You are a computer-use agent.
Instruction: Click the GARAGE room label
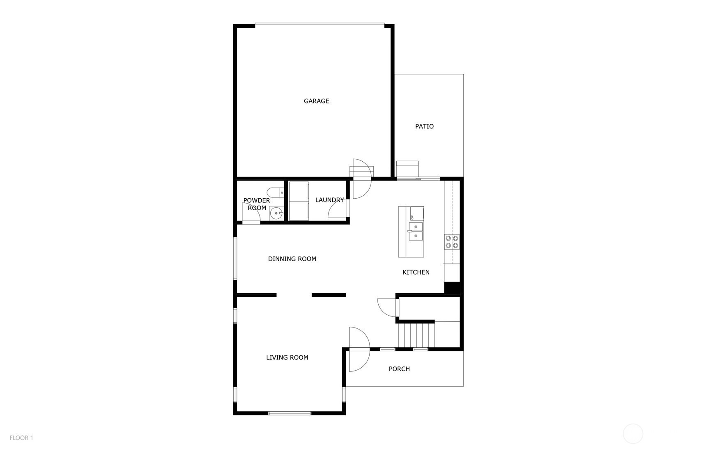316,101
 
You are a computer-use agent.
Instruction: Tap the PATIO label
424,126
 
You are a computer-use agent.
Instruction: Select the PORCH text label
399,369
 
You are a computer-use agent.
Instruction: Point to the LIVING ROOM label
287,357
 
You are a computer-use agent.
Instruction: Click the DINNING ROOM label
292,259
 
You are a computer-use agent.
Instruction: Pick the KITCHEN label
416,272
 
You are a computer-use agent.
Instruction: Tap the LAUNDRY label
329,200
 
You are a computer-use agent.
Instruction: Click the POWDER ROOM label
257,204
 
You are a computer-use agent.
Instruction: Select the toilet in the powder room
275,192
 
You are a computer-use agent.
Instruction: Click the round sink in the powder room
276,213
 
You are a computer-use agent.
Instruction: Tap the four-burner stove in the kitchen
452,242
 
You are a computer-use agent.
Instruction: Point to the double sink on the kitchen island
415,231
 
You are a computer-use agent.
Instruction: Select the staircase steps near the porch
416,335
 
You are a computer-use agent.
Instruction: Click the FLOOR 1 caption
21,438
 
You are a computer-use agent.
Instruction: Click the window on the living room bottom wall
290,413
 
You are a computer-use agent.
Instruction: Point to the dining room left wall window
235,259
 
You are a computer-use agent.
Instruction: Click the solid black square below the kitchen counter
452,288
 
